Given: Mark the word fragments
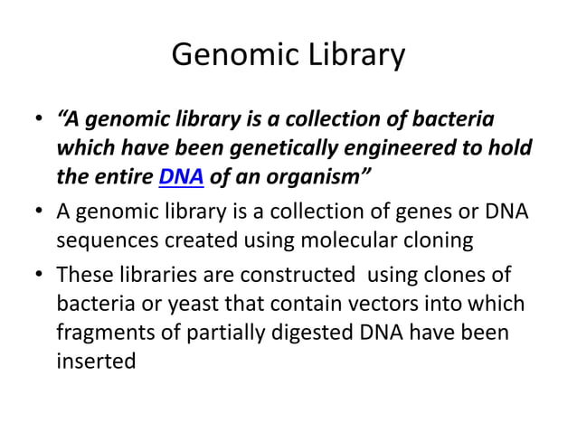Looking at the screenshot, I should pos(99,333).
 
